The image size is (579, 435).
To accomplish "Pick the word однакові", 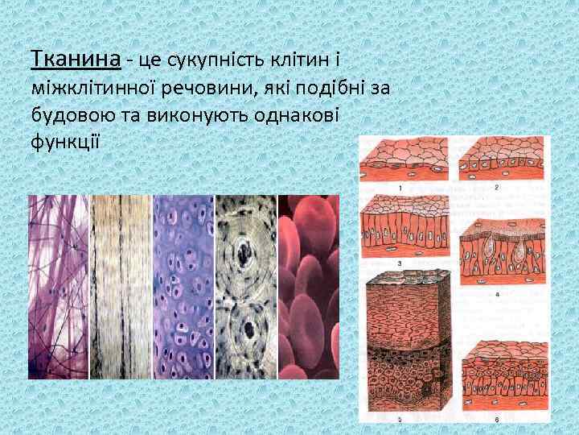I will pos(292,115).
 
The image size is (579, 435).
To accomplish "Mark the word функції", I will pos(64,143).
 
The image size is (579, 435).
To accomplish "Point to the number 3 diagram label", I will pos(400,263).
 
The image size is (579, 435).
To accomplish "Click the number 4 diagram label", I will pos(497,295).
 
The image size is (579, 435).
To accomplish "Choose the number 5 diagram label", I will pos(400,420).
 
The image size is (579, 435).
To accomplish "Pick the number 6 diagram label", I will pos(497,420).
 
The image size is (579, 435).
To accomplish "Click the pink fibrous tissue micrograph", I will pos(58,287).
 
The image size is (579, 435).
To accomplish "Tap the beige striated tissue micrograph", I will pos(121,287).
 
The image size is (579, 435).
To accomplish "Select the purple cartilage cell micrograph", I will pos(183,287).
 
